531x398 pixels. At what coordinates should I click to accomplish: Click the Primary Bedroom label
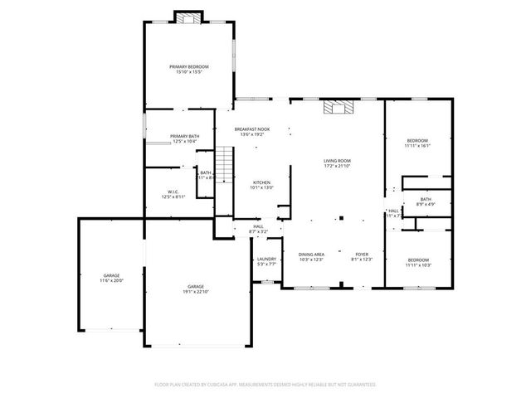188,66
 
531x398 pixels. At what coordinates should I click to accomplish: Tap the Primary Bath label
183,136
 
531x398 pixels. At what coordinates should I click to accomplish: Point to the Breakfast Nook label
251,129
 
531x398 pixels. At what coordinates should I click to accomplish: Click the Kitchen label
261,182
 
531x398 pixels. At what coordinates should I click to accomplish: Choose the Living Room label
337,161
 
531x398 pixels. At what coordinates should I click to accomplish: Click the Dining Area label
311,254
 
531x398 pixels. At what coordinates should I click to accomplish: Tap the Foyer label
362,254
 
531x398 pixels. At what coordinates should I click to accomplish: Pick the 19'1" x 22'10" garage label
196,287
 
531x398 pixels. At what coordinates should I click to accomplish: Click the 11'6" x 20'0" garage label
112,275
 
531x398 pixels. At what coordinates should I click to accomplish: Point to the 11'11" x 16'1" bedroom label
417,140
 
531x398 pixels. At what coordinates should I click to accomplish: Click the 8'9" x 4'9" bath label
425,199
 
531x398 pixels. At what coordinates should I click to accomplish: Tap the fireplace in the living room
337,107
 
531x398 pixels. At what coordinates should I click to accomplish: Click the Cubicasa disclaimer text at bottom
265,385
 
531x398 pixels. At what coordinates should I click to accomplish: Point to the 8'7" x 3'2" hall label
258,226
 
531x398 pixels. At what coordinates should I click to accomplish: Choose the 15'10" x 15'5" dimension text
188,71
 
